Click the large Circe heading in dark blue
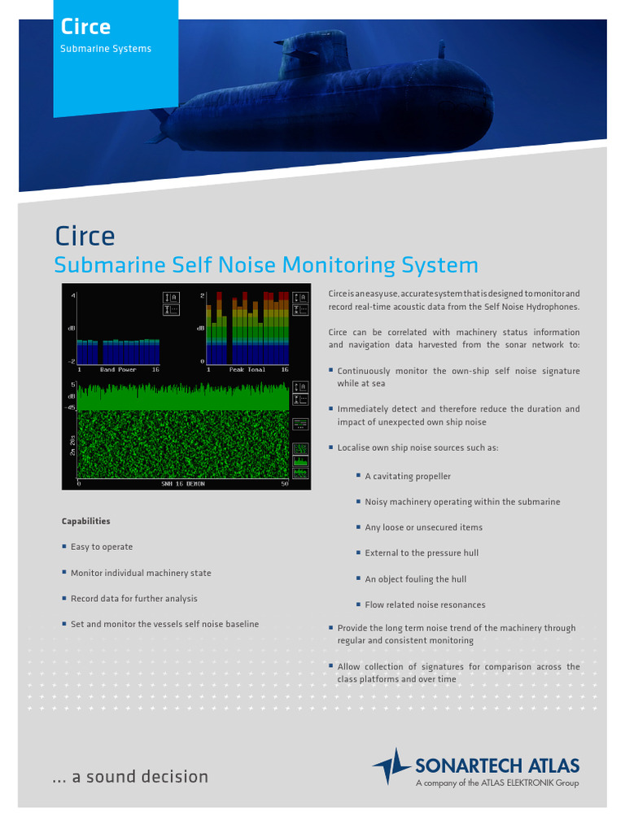pos(85,237)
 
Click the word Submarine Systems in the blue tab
pos(106,49)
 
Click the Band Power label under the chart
pos(118,369)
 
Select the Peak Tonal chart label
pos(247,369)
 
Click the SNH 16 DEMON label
pos(183,484)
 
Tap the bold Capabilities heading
pos(85,521)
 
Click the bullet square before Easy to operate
pos(64,547)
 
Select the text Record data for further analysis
pos(133,599)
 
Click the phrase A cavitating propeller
pos(408,477)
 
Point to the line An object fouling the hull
pos(415,579)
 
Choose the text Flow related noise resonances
pos(425,605)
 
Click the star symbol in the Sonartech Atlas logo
pos(392,767)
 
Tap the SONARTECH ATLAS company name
pos(497,765)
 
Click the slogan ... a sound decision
pos(130,777)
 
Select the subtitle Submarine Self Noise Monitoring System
pos(266,265)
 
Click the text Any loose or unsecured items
pos(423,528)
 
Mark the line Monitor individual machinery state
pos(141,574)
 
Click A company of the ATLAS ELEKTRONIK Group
pos(497,783)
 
